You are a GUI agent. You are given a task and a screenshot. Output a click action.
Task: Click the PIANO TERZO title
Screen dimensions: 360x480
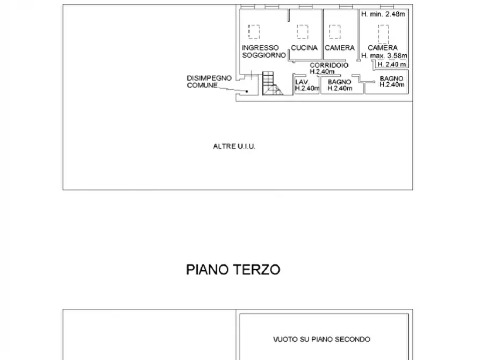tap(233, 269)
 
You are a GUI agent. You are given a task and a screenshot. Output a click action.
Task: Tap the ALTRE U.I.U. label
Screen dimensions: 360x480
tap(234, 146)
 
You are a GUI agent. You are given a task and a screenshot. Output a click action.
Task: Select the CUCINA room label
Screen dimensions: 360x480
tap(304, 48)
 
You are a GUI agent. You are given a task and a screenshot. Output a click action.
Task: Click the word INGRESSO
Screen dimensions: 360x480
tap(260, 48)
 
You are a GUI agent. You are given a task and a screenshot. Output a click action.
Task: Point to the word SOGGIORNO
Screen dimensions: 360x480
tap(263, 55)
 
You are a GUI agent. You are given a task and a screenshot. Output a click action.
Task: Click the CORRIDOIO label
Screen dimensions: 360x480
tap(329, 65)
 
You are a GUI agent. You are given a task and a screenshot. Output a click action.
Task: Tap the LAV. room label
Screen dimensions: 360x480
tap(301, 82)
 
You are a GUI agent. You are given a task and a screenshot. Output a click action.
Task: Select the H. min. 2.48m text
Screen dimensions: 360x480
tap(384, 14)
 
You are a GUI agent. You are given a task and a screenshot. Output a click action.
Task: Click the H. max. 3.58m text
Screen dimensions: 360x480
tap(384, 55)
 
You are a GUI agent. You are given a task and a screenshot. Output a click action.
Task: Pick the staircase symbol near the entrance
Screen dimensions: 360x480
tap(271, 84)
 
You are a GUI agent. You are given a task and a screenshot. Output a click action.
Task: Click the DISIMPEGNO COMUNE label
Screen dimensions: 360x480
tap(209, 82)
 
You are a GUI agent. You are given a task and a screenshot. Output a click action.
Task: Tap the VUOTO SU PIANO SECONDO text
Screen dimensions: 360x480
tap(321, 339)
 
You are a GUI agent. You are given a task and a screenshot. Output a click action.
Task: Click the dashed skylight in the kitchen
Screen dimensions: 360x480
tap(303, 31)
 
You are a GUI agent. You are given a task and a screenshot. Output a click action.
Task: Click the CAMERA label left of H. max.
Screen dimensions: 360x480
tap(383, 48)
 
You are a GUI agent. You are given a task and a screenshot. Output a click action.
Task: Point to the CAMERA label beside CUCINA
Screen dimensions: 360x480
tap(340, 48)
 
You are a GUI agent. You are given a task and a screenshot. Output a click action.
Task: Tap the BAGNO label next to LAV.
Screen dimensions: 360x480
tap(339, 82)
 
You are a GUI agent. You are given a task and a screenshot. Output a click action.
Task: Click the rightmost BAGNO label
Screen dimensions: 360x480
tap(391, 78)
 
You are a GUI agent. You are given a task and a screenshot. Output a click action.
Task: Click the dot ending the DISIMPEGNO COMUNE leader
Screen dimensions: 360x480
tap(247, 91)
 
